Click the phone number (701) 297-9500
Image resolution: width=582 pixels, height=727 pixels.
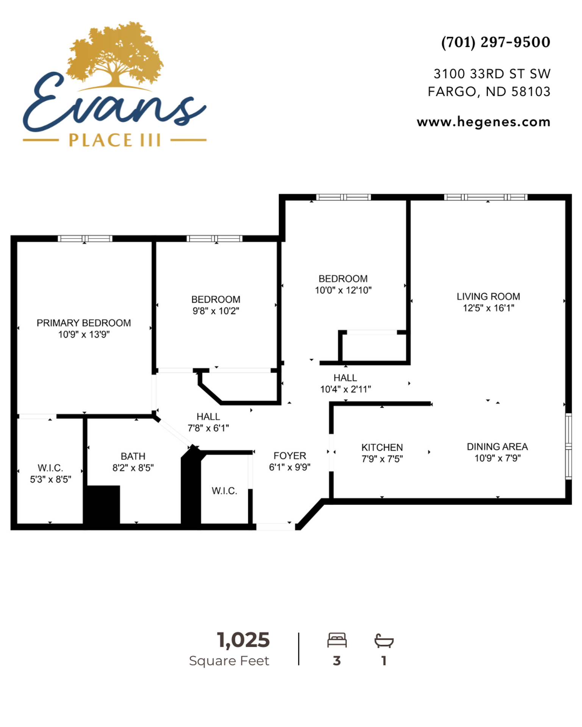(496, 42)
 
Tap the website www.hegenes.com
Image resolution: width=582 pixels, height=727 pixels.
(483, 122)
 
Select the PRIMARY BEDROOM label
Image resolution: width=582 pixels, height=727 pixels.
(84, 323)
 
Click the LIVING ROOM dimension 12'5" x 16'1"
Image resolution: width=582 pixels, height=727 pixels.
(488, 308)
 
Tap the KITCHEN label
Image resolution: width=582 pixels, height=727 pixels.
(382, 448)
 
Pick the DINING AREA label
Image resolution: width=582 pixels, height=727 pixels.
(498, 447)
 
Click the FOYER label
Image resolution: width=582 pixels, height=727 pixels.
(290, 456)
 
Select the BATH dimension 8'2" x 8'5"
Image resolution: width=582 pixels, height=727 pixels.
(133, 468)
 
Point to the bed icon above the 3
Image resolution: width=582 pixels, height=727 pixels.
(337, 640)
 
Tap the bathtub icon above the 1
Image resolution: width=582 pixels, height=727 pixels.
(384, 640)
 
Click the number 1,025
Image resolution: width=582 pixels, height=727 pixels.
(243, 640)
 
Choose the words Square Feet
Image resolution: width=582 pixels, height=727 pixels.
(229, 661)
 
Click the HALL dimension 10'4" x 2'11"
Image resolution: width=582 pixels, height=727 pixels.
(346, 389)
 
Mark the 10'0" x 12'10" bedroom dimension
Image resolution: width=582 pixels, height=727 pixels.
(343, 290)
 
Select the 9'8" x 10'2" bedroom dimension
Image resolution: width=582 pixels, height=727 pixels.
(216, 311)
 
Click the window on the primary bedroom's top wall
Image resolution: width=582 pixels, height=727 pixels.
(85, 239)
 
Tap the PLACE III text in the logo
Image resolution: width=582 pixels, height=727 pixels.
(115, 140)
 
